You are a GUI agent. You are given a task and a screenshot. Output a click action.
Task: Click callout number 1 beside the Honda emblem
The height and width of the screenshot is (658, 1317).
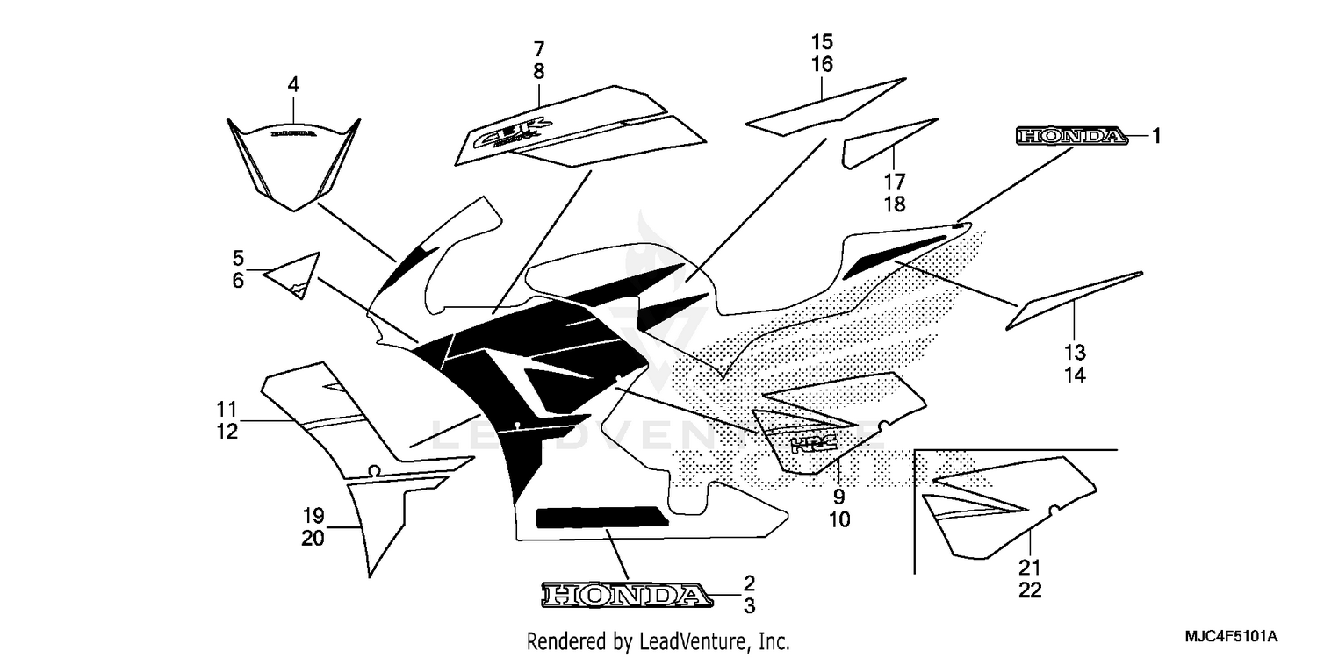click(1156, 136)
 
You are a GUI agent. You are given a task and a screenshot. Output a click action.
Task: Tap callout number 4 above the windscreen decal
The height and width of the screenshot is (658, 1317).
click(293, 85)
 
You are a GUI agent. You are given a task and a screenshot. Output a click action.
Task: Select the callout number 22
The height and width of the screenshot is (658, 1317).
click(1031, 590)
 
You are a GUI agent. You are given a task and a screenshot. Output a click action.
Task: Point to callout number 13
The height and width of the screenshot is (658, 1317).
click(1076, 353)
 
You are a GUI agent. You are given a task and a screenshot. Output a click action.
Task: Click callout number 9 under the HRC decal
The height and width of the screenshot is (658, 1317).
click(838, 497)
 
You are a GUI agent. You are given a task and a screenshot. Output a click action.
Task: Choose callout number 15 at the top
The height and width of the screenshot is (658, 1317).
click(822, 41)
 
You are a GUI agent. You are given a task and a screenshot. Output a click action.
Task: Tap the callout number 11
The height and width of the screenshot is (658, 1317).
click(227, 409)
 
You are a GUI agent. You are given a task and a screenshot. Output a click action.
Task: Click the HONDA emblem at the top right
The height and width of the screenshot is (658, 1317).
click(1070, 136)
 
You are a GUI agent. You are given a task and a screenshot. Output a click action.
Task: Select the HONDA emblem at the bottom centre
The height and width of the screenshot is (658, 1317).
click(625, 596)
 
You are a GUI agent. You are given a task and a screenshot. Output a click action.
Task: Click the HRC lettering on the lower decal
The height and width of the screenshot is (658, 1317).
click(812, 444)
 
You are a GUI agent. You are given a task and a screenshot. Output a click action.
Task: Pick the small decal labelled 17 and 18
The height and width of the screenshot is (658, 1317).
click(882, 145)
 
